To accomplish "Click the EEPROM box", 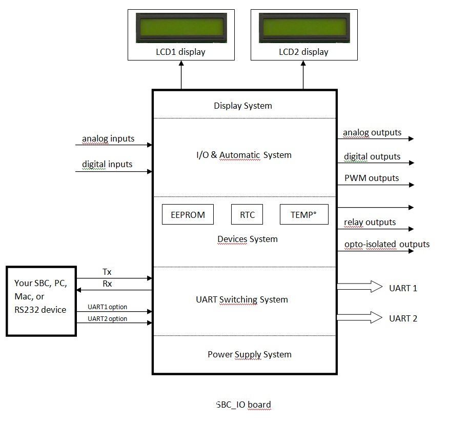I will pyautogui.click(x=188, y=215).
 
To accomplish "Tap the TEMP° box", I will pyautogui.click(x=303, y=215).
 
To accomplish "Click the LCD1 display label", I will pyautogui.click(x=180, y=52).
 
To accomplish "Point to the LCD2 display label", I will pyautogui.click(x=303, y=52).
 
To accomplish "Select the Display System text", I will pyautogui.click(x=243, y=106).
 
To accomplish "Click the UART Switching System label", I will pyautogui.click(x=242, y=299).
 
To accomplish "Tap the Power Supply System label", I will pyautogui.click(x=249, y=354).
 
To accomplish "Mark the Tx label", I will pyautogui.click(x=107, y=271).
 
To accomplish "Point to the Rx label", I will pyautogui.click(x=107, y=284).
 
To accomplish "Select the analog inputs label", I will pyautogui.click(x=108, y=138).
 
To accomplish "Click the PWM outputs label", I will pyautogui.click(x=371, y=178).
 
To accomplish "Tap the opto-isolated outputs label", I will pyautogui.click(x=387, y=244).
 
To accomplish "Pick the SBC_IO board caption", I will pyautogui.click(x=243, y=405).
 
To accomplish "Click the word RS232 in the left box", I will pyautogui.click(x=27, y=309).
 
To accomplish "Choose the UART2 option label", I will pyautogui.click(x=107, y=318).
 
